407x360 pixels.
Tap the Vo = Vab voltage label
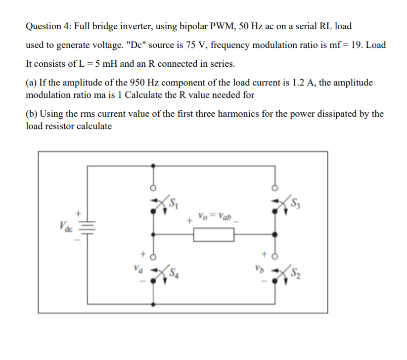pyautogui.click(x=212, y=217)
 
